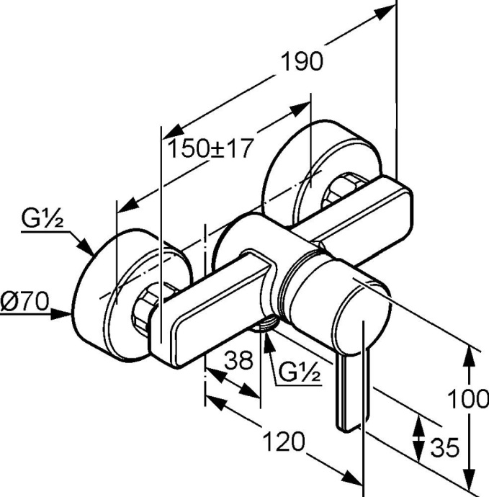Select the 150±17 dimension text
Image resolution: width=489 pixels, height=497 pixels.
click(x=210, y=148)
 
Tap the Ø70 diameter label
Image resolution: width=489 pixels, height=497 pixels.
click(x=24, y=302)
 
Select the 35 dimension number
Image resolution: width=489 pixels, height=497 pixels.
click(x=444, y=448)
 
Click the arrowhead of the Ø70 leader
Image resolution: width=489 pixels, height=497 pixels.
click(x=68, y=313)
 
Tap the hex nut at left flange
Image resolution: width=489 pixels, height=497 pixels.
click(x=148, y=310)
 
